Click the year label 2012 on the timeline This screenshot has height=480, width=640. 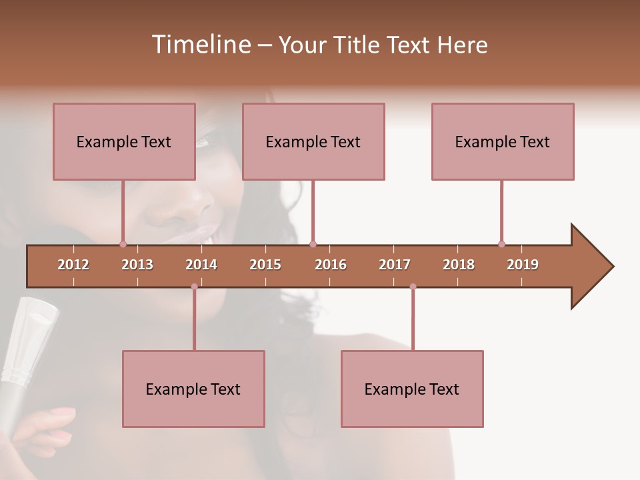click(x=73, y=265)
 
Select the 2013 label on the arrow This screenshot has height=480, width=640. click(x=137, y=265)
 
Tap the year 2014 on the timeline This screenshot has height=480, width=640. click(x=201, y=265)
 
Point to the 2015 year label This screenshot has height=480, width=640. click(x=265, y=265)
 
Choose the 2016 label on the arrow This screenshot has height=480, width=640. click(x=331, y=265)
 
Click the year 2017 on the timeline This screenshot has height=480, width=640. click(x=395, y=265)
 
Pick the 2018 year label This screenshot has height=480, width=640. click(x=459, y=265)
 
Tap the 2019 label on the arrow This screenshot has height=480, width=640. click(x=523, y=265)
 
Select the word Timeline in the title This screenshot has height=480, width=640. click(x=200, y=45)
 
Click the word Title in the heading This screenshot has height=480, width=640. click(x=357, y=45)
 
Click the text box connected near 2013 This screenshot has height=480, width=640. click(x=124, y=141)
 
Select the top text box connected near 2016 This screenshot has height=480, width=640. click(x=313, y=141)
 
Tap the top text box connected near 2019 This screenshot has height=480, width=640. click(x=503, y=141)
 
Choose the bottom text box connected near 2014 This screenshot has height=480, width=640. click(x=193, y=389)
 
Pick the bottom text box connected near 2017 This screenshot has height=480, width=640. click(x=412, y=389)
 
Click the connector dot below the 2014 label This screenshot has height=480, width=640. click(x=194, y=287)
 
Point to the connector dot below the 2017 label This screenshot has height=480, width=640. click(x=413, y=287)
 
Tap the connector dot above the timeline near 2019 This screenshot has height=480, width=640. click(x=501, y=244)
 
